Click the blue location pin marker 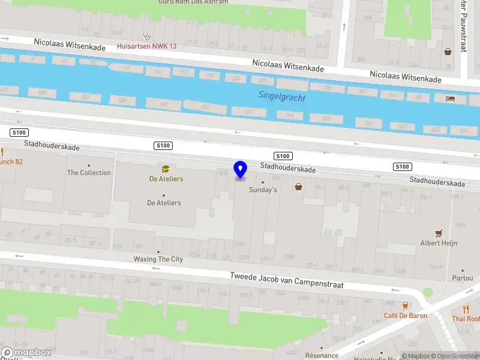[241, 169]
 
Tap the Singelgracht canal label [281, 97]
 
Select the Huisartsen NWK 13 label [146, 46]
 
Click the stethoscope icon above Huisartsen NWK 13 [146, 36]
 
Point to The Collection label [89, 173]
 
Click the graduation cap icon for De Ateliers [164, 169]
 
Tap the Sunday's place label [263, 190]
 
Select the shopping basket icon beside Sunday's [299, 187]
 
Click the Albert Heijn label [439, 242]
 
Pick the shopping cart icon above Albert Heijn [439, 233]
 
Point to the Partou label [462, 278]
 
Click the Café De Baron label [405, 315]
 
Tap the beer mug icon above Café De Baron [405, 305]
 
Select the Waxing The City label [158, 259]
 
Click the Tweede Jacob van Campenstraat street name [287, 281]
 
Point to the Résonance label [322, 356]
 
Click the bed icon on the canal [451, 99]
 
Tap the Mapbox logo [26, 353]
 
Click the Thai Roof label [466, 319]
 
